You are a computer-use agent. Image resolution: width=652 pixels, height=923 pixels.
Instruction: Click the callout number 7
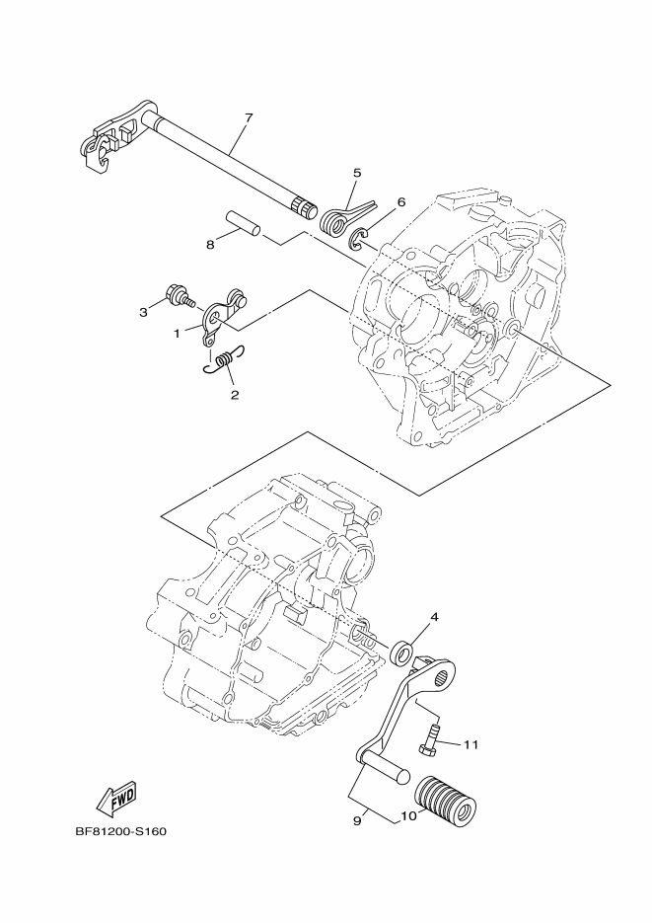[248, 118]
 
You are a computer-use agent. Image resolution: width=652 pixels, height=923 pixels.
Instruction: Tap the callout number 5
[357, 172]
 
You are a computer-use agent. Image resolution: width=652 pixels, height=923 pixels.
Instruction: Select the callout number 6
[400, 201]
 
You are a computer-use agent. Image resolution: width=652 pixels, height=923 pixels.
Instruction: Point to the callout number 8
[211, 245]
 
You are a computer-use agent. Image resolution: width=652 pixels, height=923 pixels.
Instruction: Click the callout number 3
[143, 312]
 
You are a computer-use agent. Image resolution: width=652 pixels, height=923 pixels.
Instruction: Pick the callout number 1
[178, 334]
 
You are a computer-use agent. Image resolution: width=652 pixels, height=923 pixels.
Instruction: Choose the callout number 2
[235, 395]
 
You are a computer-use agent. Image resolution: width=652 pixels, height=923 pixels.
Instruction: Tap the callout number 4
[433, 618]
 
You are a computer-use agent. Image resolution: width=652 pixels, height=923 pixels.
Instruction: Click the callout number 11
[471, 743]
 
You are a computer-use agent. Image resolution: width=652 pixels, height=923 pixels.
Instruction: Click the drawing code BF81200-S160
[120, 830]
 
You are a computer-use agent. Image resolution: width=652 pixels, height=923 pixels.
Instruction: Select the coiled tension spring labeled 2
[226, 362]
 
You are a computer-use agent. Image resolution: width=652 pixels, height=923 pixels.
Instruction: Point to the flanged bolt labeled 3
[180, 295]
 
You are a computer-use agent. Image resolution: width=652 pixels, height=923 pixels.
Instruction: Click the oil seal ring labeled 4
[402, 652]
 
